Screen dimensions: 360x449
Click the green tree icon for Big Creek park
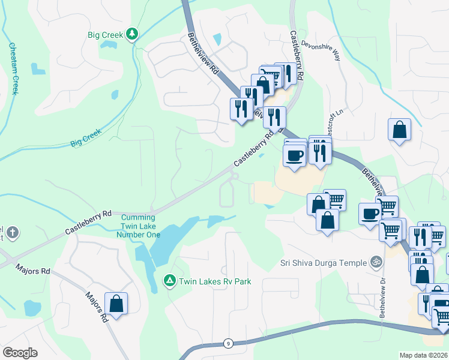[131, 34]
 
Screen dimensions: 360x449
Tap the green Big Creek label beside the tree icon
[106, 34]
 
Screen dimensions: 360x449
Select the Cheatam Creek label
[13, 68]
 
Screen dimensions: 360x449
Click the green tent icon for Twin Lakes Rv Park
[169, 281]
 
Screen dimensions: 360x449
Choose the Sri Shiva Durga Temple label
[323, 262]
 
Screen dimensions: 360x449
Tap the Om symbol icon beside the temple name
[376, 262]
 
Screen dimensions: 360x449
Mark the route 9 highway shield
[228, 343]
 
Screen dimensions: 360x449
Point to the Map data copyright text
[423, 355]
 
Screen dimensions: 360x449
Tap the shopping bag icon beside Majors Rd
[116, 303]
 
